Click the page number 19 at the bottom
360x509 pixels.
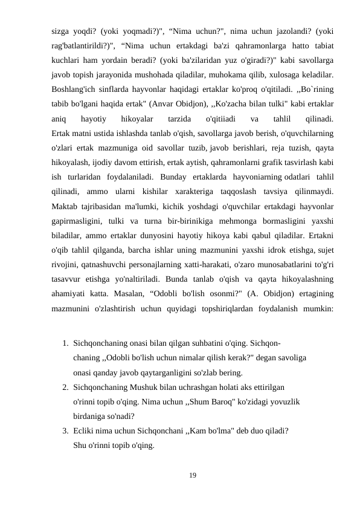point(192,476)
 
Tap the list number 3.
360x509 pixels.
point(65,432)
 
